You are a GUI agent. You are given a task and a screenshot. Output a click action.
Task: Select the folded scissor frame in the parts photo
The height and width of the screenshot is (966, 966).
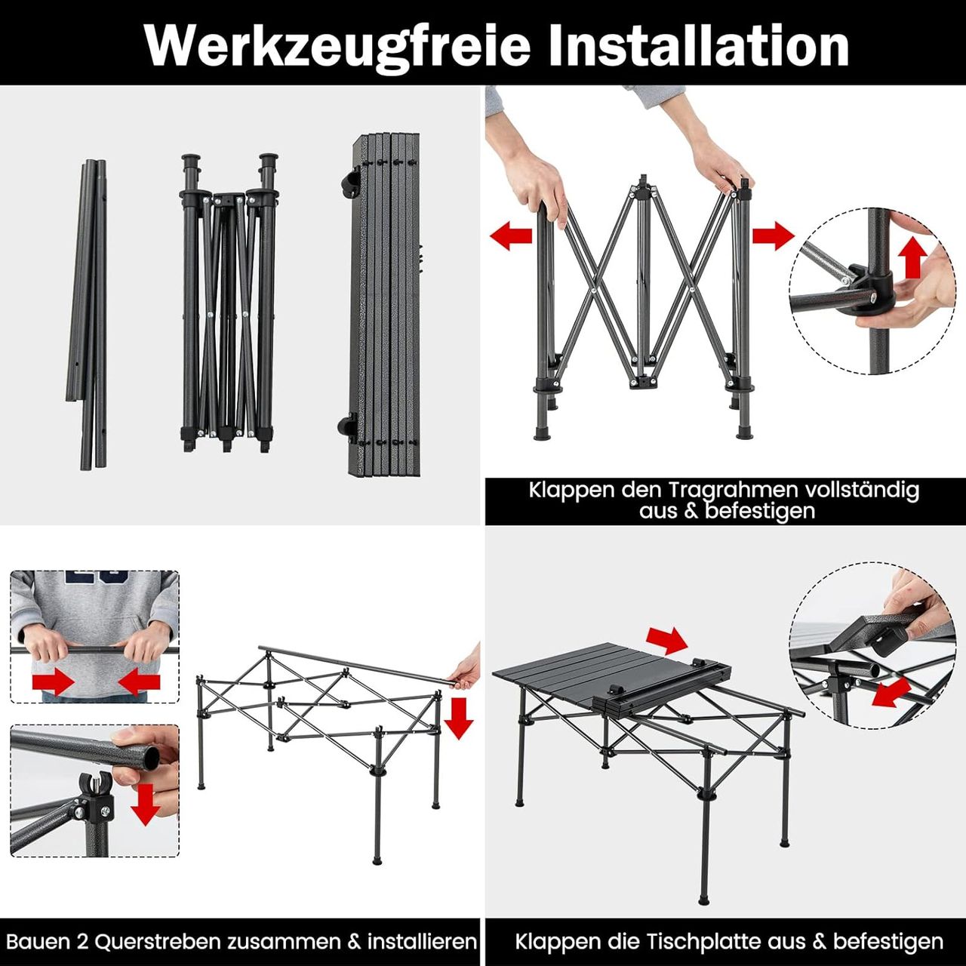click(229, 302)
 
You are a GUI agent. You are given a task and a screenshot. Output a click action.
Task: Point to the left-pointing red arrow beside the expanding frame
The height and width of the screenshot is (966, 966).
click(511, 235)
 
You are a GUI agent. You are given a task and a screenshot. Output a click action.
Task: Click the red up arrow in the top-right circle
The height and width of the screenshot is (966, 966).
click(912, 257)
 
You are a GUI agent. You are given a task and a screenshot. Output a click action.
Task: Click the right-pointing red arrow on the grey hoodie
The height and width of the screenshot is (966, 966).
click(53, 684)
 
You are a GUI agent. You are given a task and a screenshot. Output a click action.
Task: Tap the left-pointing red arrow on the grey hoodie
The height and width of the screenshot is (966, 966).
click(140, 684)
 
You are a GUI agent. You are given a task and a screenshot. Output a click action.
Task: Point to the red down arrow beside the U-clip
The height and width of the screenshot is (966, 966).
click(146, 804)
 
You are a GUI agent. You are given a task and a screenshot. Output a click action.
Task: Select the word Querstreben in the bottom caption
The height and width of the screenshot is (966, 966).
click(158, 941)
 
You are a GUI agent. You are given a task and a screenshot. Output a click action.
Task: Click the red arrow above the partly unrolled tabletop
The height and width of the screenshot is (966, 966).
click(667, 640)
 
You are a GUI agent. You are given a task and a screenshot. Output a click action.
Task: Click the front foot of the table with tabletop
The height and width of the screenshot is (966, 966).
click(704, 898)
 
